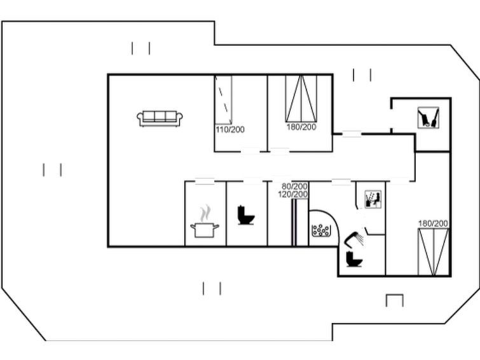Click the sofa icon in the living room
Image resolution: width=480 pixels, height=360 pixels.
point(160,118)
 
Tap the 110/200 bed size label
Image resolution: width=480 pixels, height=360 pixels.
point(230,130)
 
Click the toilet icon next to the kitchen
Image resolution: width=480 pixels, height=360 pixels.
point(246,215)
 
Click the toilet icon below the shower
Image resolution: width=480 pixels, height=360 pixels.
point(354,259)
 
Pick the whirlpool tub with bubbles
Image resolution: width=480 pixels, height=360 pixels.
point(321,230)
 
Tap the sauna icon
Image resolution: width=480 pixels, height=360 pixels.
point(373,199)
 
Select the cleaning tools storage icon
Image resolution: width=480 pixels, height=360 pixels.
point(429,117)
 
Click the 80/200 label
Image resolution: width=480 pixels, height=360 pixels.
point(294,186)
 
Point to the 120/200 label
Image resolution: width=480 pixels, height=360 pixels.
point(293,194)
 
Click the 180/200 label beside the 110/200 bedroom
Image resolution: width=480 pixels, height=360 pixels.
point(301,127)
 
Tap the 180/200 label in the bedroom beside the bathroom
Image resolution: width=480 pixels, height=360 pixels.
point(433,224)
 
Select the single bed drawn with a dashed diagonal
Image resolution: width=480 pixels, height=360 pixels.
point(223,100)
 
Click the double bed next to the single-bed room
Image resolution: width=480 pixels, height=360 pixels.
point(301,99)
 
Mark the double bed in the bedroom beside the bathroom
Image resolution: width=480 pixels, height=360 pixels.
point(433,252)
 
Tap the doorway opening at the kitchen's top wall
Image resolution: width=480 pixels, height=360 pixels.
point(205,181)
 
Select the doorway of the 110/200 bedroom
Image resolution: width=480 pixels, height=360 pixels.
point(250,151)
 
